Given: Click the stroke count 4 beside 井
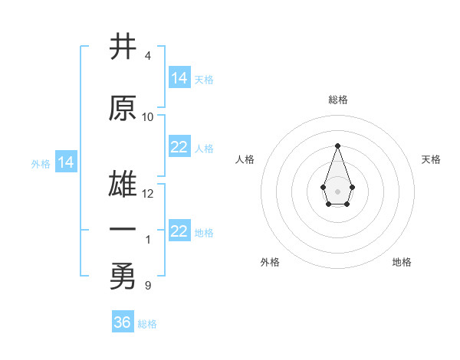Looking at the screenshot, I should point(147,56).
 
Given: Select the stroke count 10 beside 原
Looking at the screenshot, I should point(147,117).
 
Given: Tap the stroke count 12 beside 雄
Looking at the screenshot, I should point(147,194).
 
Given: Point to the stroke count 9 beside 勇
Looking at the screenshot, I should point(147,286).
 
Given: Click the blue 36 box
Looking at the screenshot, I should point(123,322).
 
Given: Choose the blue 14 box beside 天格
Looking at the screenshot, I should point(179,78).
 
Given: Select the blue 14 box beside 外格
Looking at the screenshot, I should point(66,162).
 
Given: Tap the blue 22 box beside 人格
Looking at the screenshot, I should point(179,147).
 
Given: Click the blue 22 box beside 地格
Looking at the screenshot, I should point(179,231).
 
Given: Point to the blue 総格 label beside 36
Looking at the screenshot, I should point(147,324).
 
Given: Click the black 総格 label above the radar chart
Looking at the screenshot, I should point(338,100).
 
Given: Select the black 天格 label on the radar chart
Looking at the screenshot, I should point(432,159).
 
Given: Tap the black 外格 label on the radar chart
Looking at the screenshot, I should point(270,262).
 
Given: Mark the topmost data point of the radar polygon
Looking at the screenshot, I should point(337,146).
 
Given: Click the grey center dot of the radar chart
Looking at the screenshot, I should point(337,190).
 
